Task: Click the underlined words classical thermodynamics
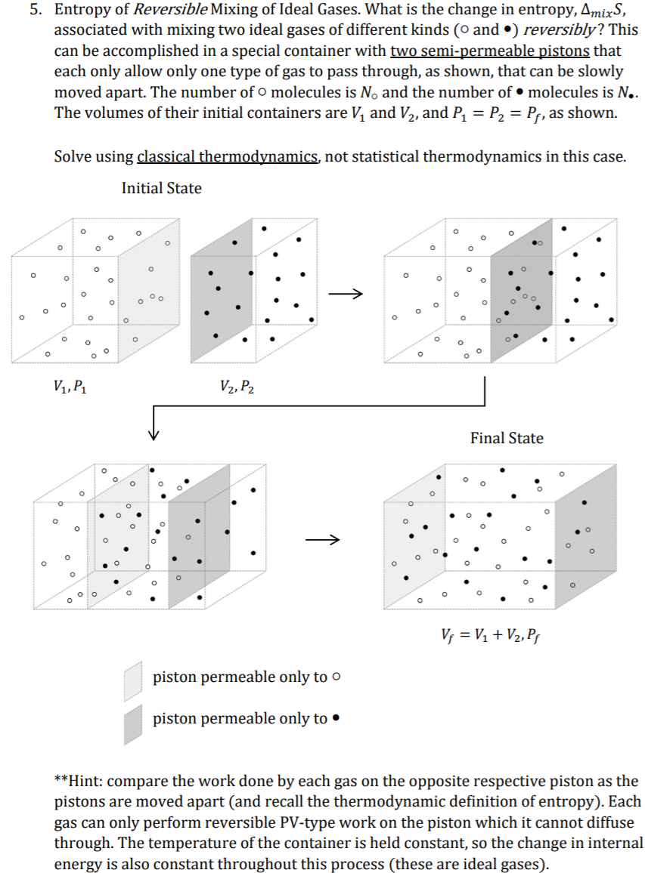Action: pyautogui.click(x=228, y=157)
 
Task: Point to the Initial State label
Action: pyautogui.click(x=161, y=188)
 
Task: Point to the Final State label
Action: pyautogui.click(x=506, y=438)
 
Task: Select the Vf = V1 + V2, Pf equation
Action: pyautogui.click(x=493, y=631)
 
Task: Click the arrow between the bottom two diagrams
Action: pyautogui.click(x=323, y=539)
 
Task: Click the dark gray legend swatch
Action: pyautogui.click(x=134, y=723)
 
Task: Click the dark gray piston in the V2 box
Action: pyautogui.click(x=213, y=287)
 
